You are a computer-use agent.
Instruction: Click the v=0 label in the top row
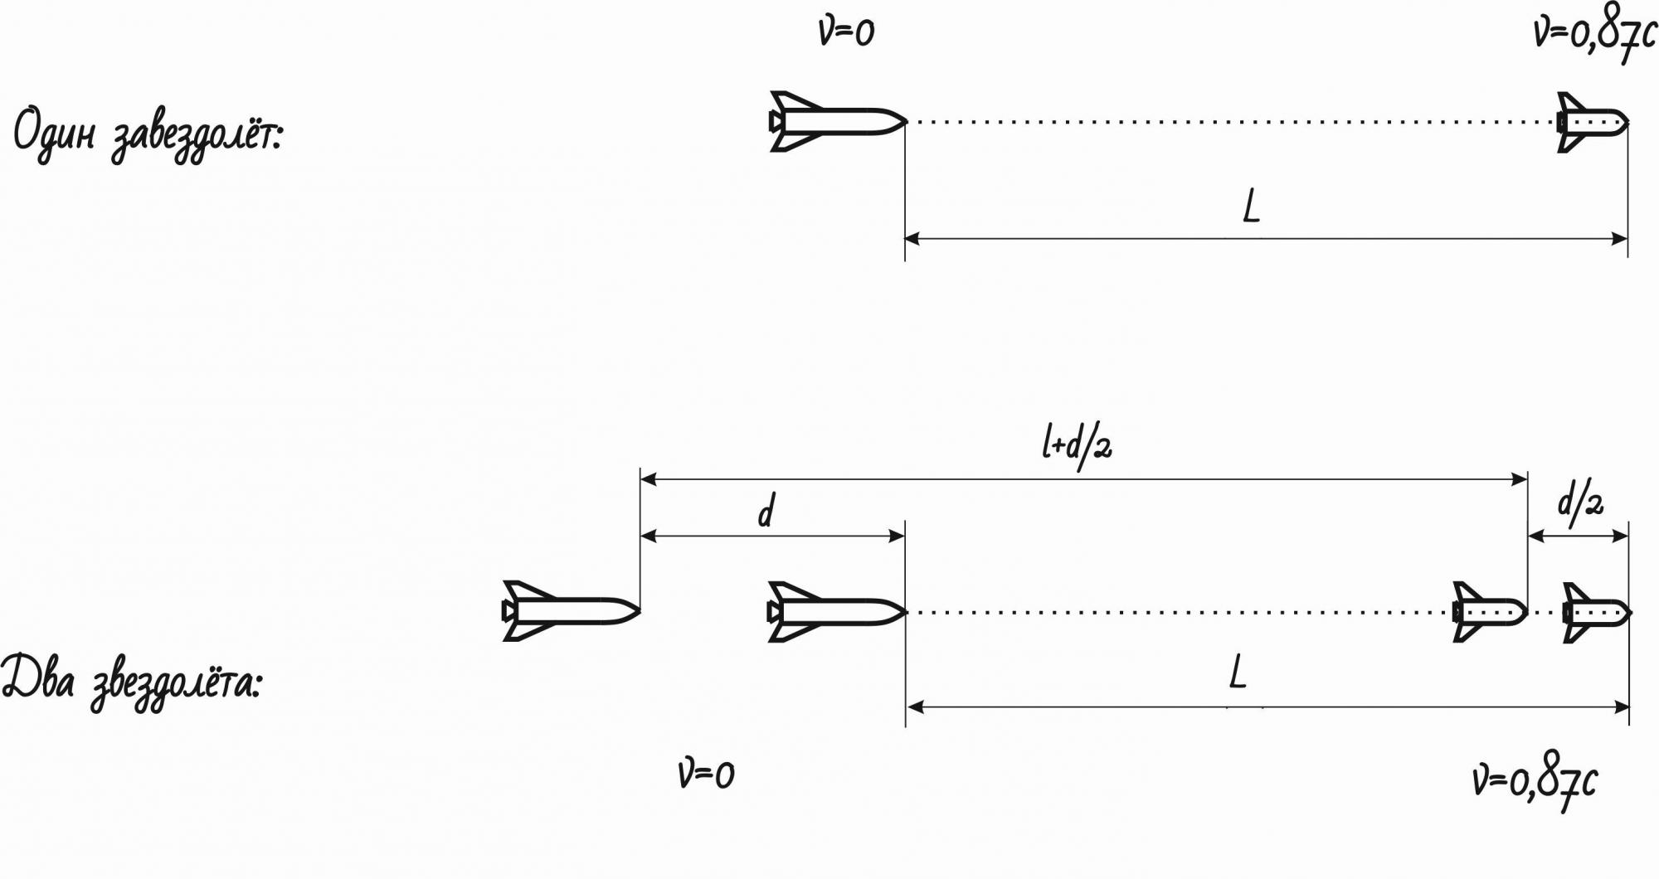click(x=846, y=33)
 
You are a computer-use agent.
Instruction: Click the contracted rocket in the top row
click(x=1592, y=122)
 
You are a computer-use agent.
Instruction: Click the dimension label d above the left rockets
click(x=766, y=511)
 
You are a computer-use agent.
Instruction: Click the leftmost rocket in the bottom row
click(x=570, y=612)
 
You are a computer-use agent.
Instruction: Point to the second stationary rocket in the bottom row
click(x=836, y=612)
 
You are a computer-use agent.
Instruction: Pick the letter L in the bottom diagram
click(x=1238, y=672)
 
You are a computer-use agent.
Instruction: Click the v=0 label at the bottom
click(x=706, y=775)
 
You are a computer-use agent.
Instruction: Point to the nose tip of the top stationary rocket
click(x=904, y=122)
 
